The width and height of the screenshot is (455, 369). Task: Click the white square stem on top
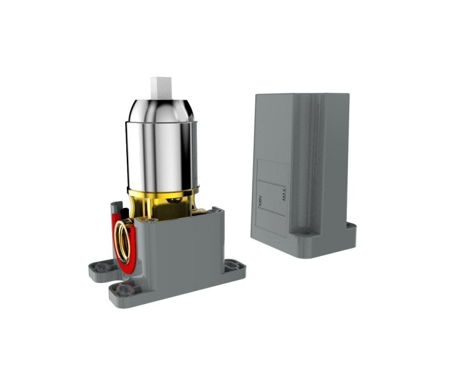tap(162, 89)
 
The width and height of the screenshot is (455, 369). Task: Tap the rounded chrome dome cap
tap(161, 110)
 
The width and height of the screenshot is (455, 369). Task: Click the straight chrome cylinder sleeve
tap(162, 155)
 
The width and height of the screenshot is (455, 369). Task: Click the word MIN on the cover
tap(260, 201)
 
